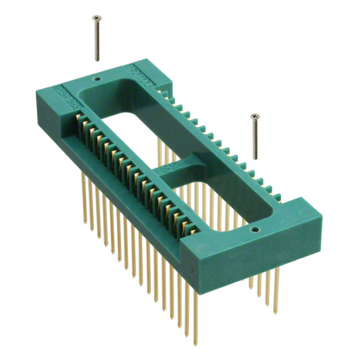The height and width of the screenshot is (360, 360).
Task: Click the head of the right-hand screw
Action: click(x=254, y=116)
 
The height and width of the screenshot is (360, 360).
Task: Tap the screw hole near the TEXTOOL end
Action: click(x=97, y=80)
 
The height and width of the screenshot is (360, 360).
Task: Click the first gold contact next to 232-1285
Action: click(x=78, y=120)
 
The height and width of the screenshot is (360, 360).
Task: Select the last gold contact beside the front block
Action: click(x=194, y=231)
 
